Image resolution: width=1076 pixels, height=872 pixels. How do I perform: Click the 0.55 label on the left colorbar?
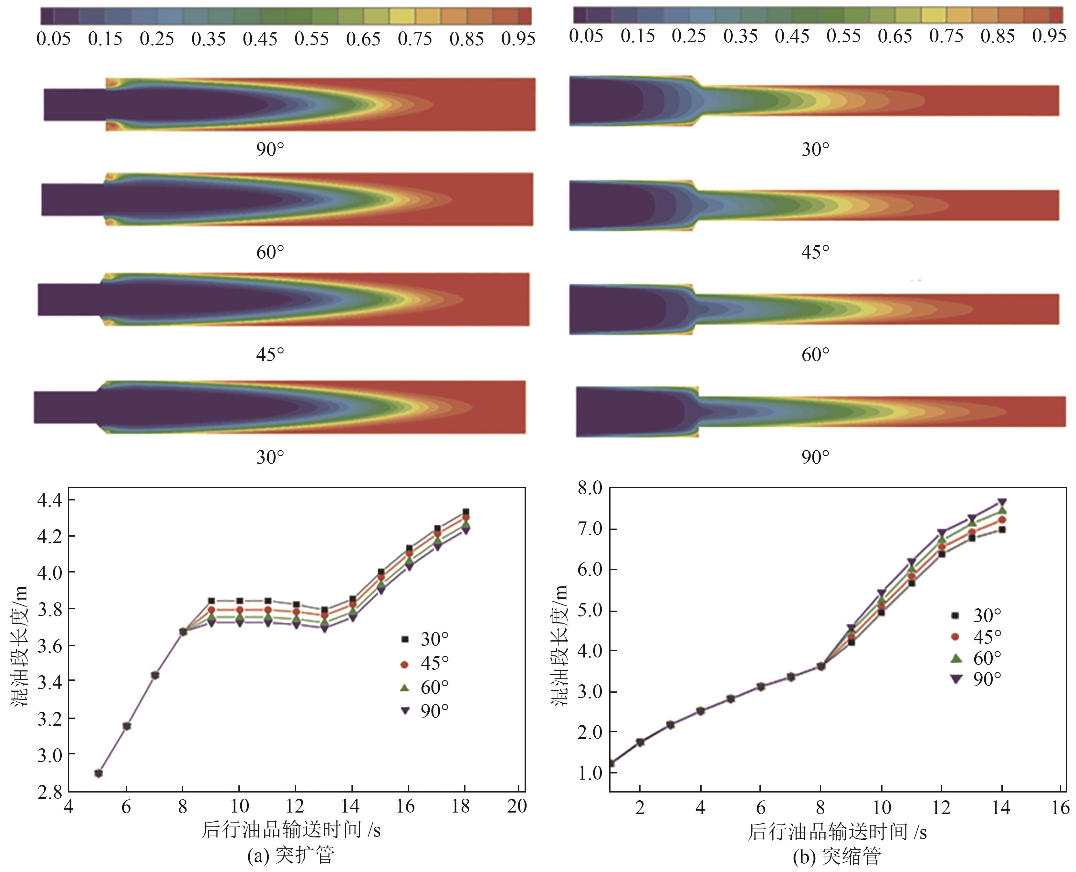click(x=311, y=39)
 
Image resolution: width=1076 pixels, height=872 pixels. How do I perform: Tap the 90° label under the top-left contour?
click(x=270, y=149)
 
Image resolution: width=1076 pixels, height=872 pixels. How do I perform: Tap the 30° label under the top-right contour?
click(x=815, y=149)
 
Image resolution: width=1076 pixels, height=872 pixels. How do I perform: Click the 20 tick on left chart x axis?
click(x=517, y=806)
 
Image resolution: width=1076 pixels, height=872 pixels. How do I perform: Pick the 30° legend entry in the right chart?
click(x=977, y=615)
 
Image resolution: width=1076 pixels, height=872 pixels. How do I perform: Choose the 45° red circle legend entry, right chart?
click(x=977, y=637)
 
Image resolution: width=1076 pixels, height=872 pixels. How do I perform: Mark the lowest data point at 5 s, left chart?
click(x=99, y=773)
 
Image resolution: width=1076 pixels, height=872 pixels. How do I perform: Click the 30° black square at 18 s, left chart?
click(x=465, y=512)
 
